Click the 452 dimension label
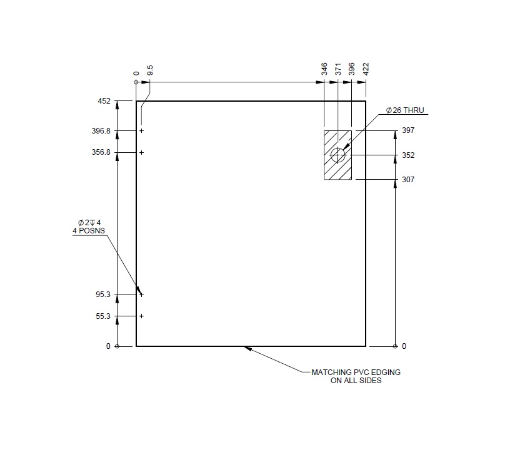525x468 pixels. [x=104, y=101]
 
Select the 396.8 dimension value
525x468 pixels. [x=101, y=131]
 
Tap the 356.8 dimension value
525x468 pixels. [x=101, y=152]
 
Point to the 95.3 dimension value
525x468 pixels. [x=103, y=295]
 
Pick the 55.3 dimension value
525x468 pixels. [x=103, y=316]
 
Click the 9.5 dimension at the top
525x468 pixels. [x=150, y=70]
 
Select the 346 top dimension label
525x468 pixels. [x=324, y=69]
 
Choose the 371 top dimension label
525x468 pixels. [x=338, y=69]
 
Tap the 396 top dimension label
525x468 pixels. [x=352, y=69]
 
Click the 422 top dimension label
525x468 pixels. [x=366, y=69]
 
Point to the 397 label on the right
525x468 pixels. [x=409, y=131]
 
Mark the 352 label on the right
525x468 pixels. [x=409, y=155]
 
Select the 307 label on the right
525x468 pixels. [x=409, y=180]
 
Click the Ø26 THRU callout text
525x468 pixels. [x=404, y=110]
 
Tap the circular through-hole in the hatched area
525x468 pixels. [x=338, y=155]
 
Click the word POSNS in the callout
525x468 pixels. [x=94, y=231]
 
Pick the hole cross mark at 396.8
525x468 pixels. [x=142, y=131]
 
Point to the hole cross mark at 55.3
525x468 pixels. [x=142, y=316]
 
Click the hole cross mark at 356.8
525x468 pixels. [x=142, y=152]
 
